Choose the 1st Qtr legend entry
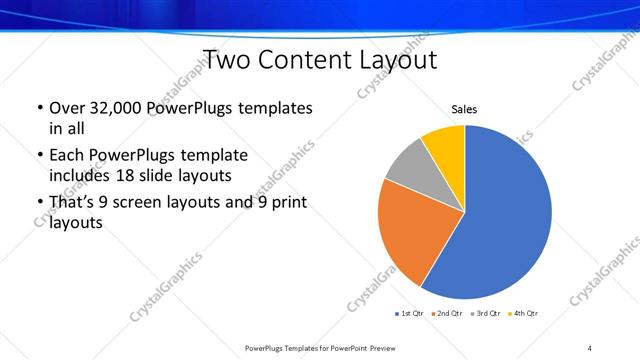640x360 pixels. pyautogui.click(x=409, y=314)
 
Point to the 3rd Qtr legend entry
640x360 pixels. pyautogui.click(x=485, y=314)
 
